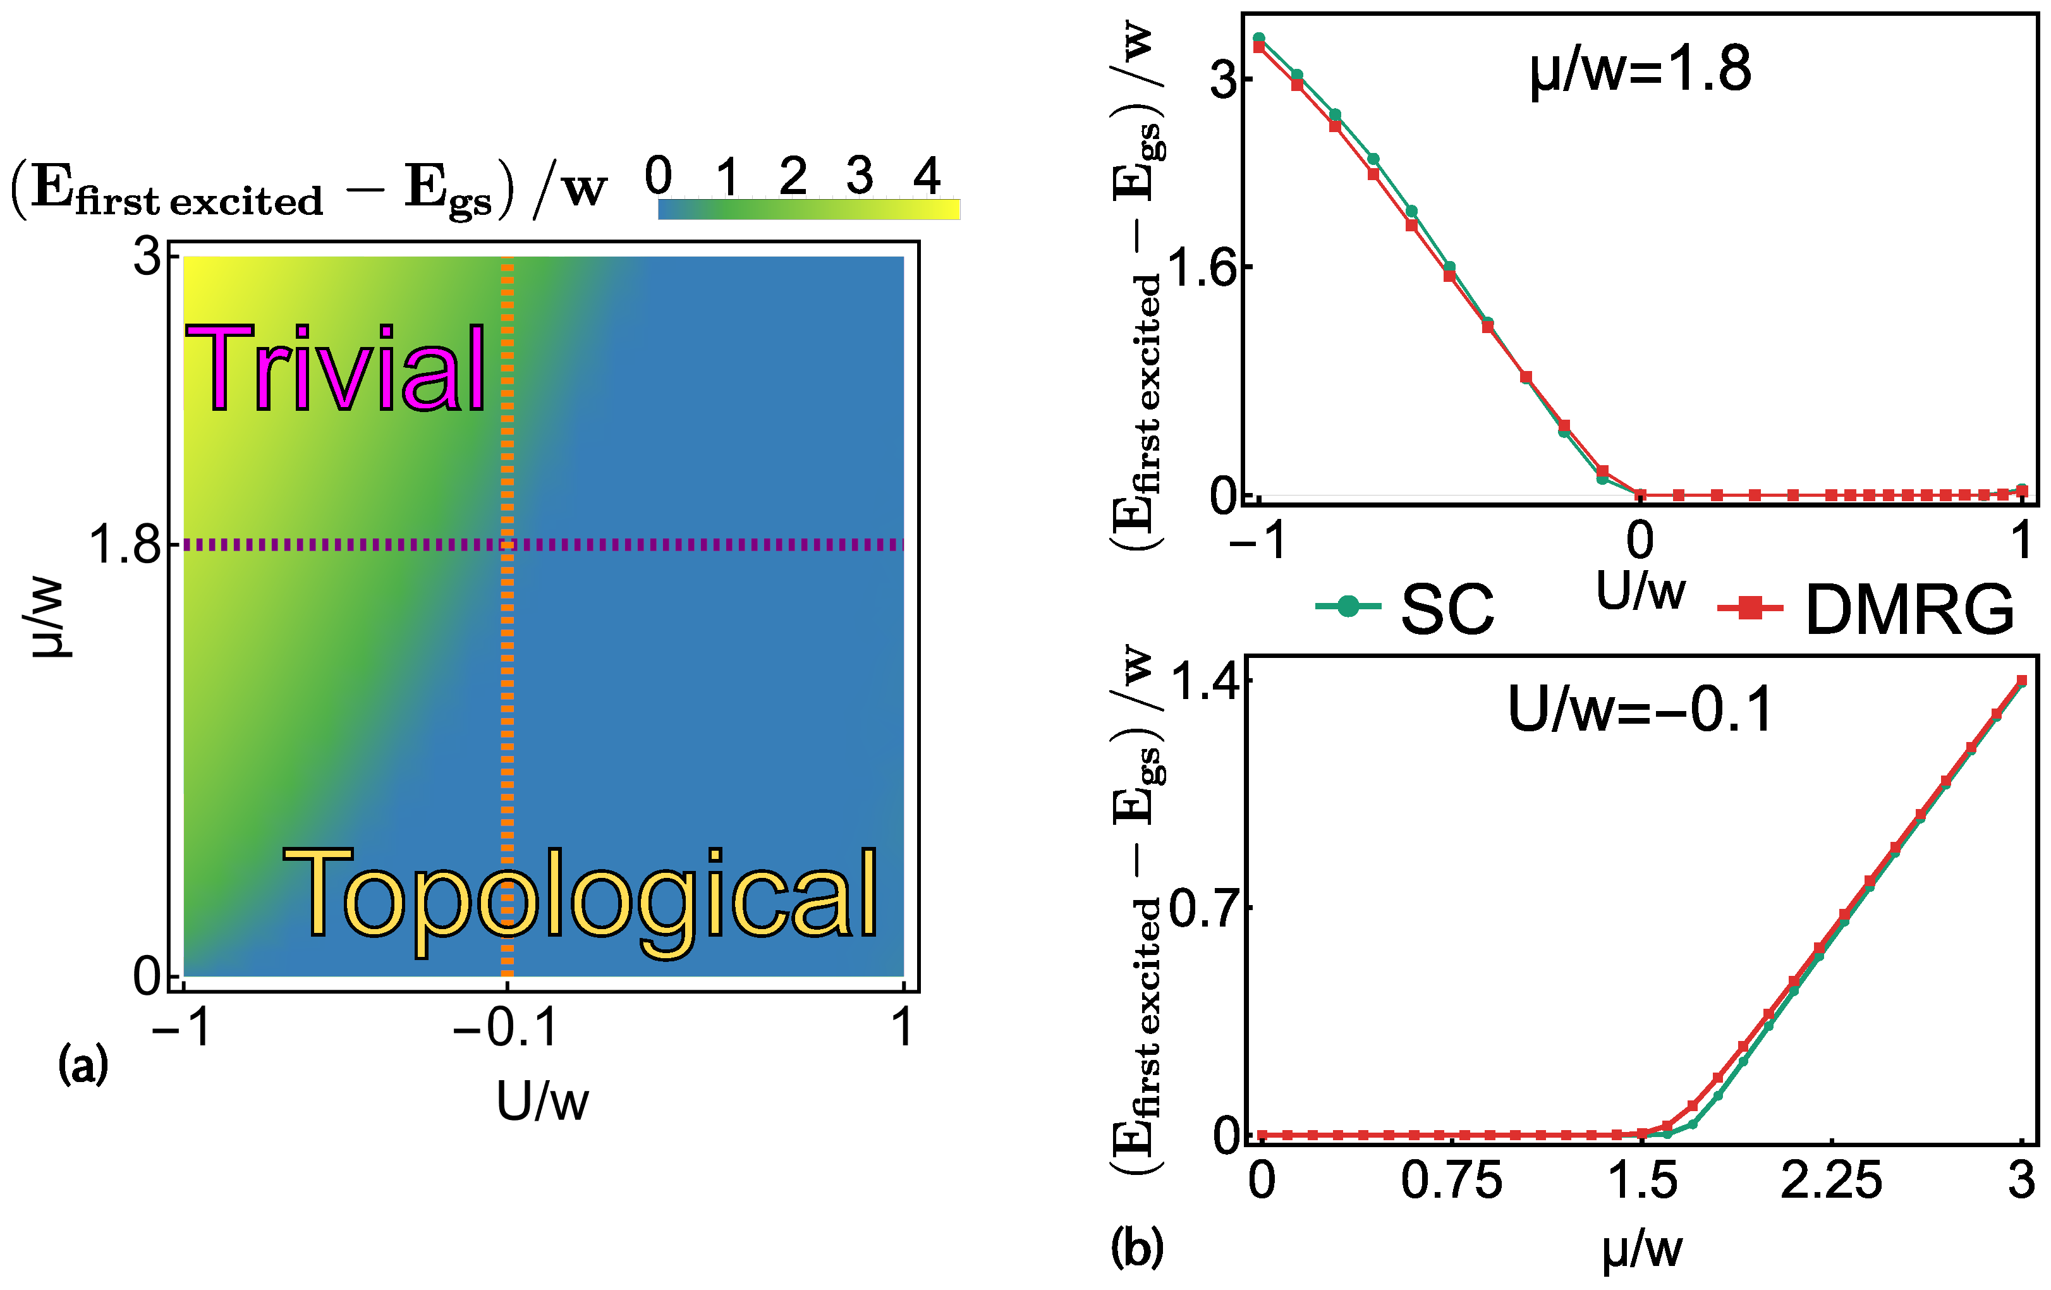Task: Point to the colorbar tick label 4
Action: tap(926, 176)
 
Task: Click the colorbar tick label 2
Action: tap(792, 176)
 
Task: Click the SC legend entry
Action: tap(1406, 609)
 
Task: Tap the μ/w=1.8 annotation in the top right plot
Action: tap(1640, 70)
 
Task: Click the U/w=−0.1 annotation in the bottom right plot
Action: tap(1640, 709)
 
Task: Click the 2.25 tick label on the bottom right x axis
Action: tap(1831, 1182)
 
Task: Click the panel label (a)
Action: tap(83, 1065)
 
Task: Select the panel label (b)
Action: tap(1137, 1249)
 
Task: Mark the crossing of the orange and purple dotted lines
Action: tap(507, 545)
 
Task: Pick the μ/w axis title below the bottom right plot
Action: tap(1641, 1251)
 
